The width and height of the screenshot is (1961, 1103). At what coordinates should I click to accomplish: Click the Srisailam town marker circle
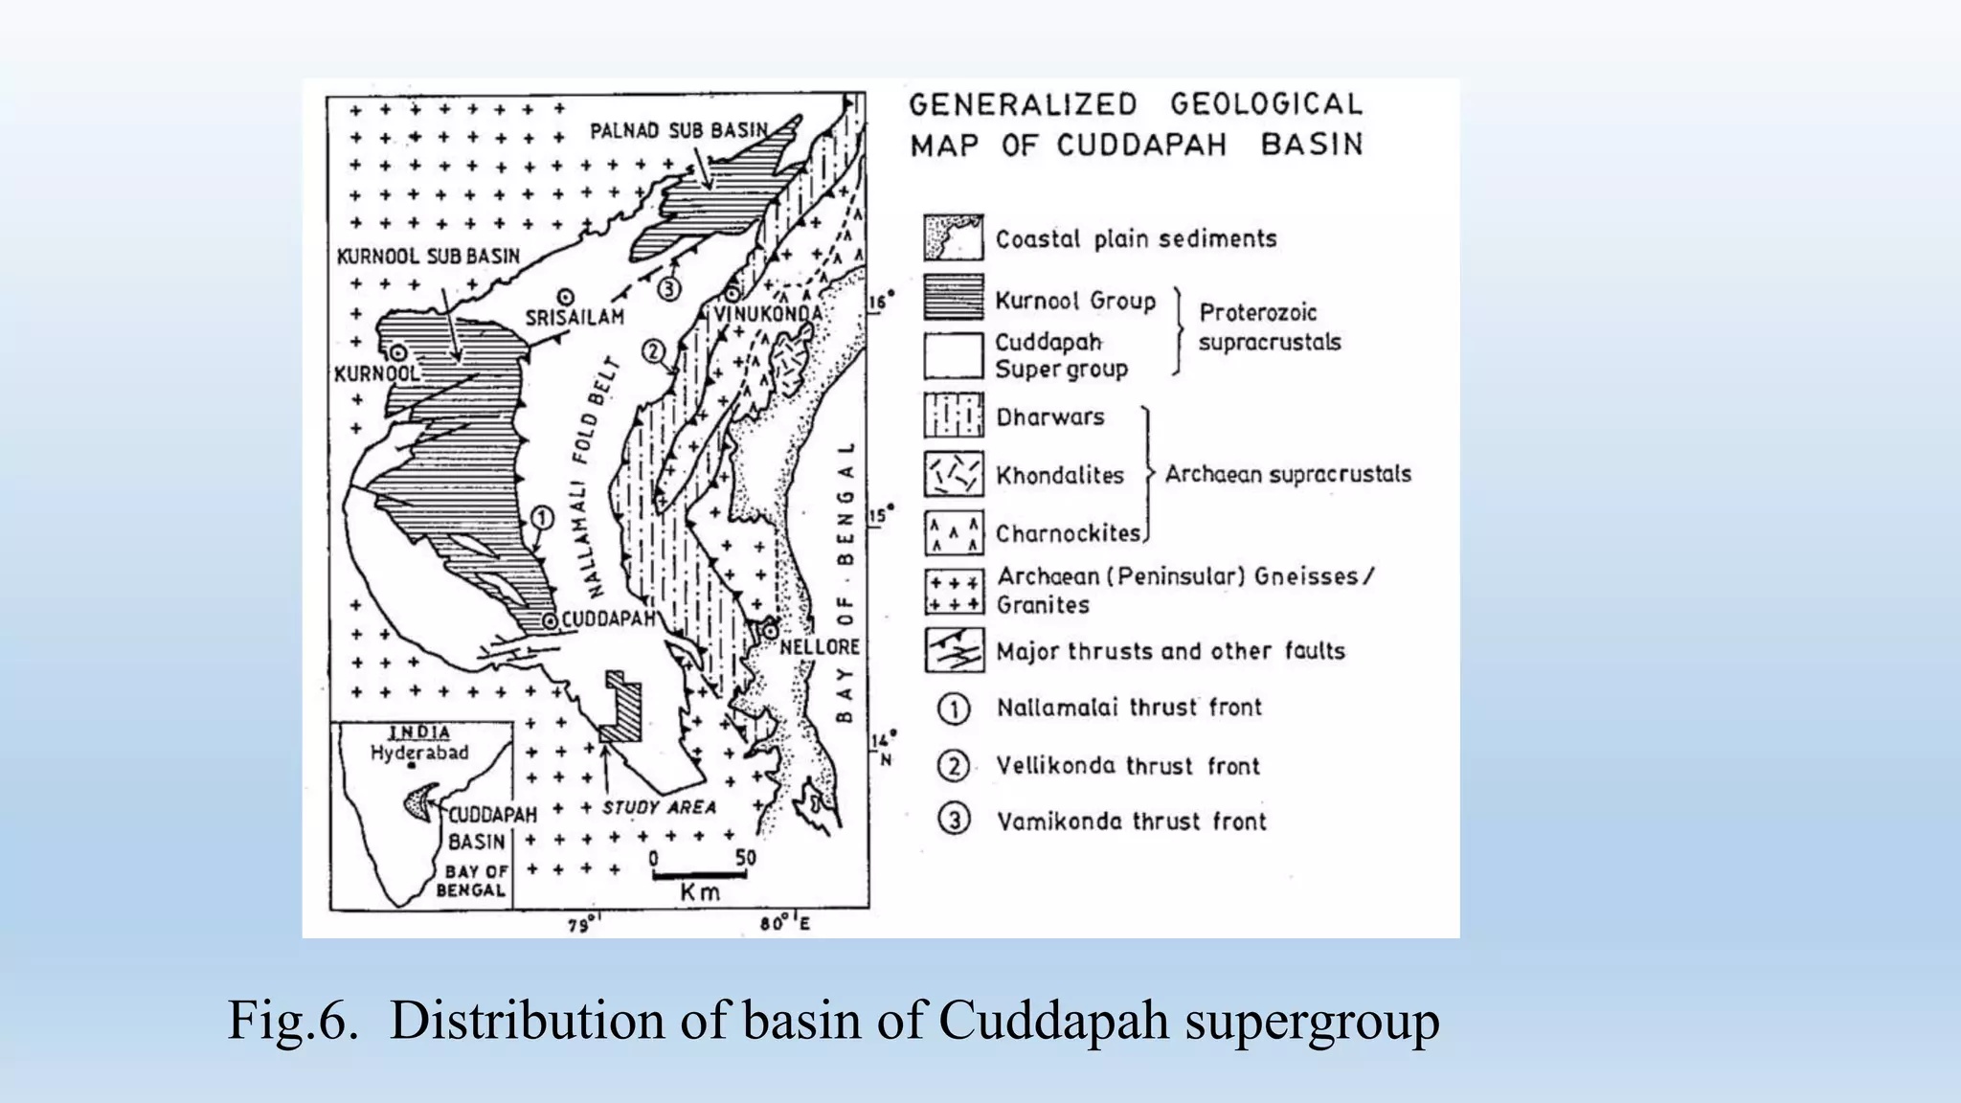(566, 296)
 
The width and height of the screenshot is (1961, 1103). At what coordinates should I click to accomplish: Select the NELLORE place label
(819, 647)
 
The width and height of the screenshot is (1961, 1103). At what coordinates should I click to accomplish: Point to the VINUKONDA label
(768, 314)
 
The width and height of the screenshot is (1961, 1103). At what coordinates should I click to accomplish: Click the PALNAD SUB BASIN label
(679, 130)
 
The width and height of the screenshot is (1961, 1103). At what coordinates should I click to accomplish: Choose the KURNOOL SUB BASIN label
(428, 257)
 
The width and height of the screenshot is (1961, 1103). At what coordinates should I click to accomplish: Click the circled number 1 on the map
(541, 519)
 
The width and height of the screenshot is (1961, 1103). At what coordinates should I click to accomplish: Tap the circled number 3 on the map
(668, 287)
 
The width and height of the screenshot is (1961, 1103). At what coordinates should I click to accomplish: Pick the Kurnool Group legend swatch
(954, 298)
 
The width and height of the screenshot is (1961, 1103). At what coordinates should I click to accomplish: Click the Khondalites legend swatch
(954, 474)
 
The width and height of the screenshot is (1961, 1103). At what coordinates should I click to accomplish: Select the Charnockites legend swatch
(954, 533)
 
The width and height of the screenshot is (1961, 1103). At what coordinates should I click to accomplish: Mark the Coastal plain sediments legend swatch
(954, 238)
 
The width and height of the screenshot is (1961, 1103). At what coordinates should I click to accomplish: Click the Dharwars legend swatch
(954, 416)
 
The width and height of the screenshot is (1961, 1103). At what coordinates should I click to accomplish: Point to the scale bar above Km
(700, 874)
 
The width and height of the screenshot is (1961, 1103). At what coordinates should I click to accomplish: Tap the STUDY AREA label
(659, 807)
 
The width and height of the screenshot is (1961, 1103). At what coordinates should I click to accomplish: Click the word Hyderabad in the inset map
(419, 753)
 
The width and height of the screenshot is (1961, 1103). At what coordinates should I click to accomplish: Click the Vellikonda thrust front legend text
(1128, 766)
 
